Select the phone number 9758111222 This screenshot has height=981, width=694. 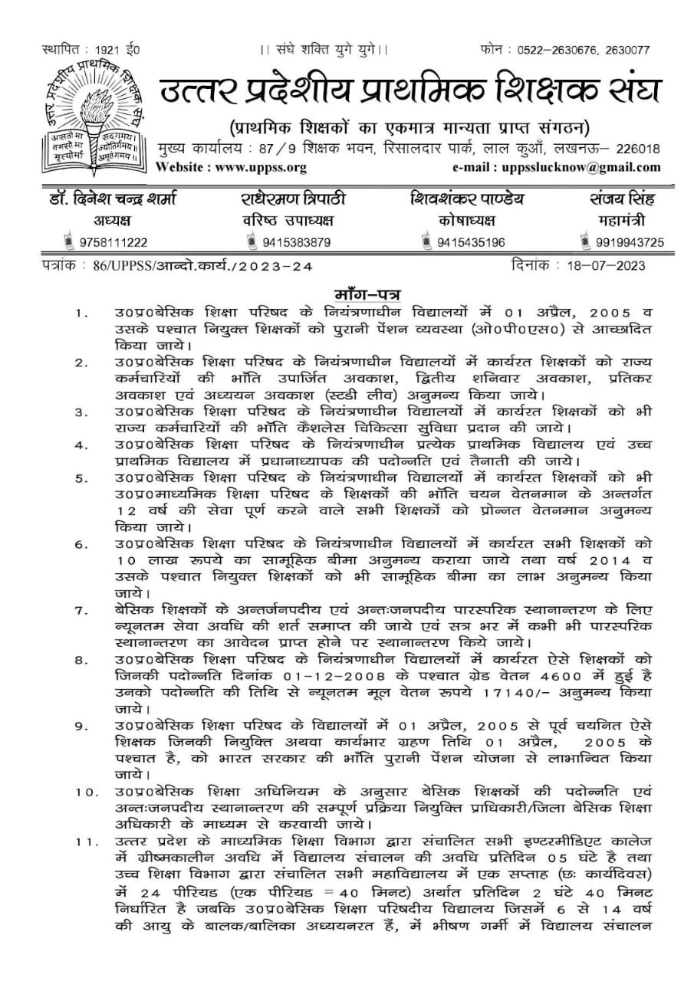[x=116, y=243]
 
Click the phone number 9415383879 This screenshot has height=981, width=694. [x=297, y=243]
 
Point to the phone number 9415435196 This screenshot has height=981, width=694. [x=472, y=243]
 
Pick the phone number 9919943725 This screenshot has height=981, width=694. [x=631, y=243]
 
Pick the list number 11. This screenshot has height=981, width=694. [x=84, y=843]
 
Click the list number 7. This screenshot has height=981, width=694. [x=81, y=611]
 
